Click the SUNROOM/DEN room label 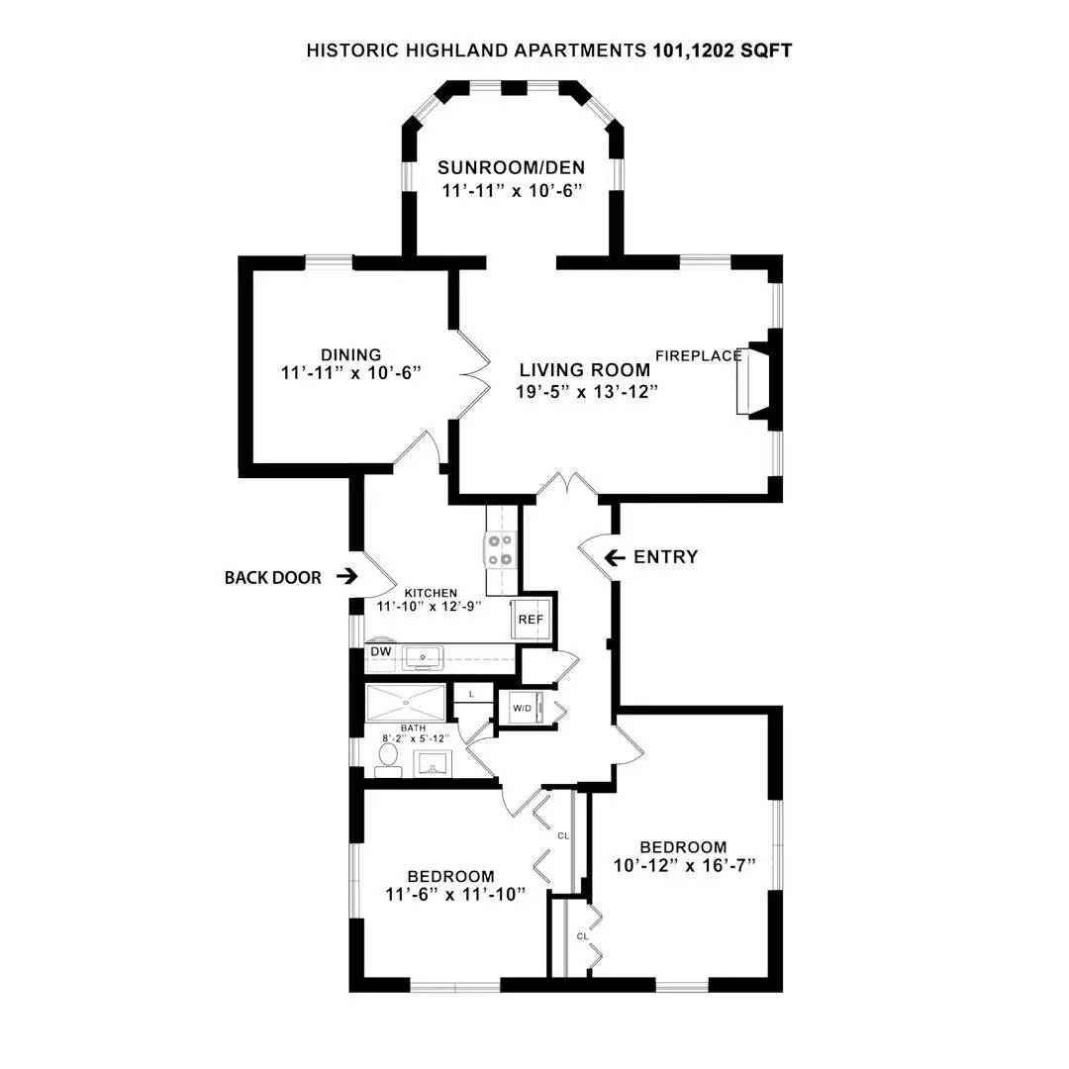pyautogui.click(x=512, y=166)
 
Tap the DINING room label pyautogui.click(x=350, y=355)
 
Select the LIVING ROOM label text pyautogui.click(x=586, y=370)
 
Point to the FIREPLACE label pyautogui.click(x=699, y=356)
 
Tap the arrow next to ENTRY pyautogui.click(x=615, y=558)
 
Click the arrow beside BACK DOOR pyautogui.click(x=346, y=576)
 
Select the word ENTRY pyautogui.click(x=666, y=557)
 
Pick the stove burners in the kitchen pyautogui.click(x=499, y=549)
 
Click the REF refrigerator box pyautogui.click(x=532, y=620)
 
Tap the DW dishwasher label pyautogui.click(x=381, y=652)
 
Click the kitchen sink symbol pyautogui.click(x=423, y=658)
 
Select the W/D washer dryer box pyautogui.click(x=522, y=709)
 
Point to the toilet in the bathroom pyautogui.click(x=387, y=758)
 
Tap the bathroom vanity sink pyautogui.click(x=433, y=764)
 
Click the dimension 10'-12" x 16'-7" pyautogui.click(x=684, y=866)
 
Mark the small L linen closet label pyautogui.click(x=472, y=694)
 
